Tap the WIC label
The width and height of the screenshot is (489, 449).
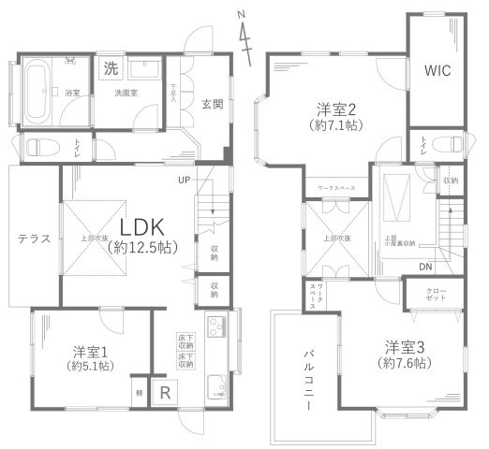(x=437, y=69)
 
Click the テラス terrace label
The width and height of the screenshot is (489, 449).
(x=33, y=239)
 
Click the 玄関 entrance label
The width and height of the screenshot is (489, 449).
(x=213, y=104)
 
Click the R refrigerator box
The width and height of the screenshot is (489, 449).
(x=165, y=393)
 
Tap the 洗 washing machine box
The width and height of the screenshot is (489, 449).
(x=111, y=67)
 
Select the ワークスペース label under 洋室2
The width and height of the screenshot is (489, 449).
(x=336, y=188)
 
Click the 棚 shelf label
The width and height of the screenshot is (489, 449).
(x=138, y=392)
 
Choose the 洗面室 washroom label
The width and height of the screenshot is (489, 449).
(x=126, y=94)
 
